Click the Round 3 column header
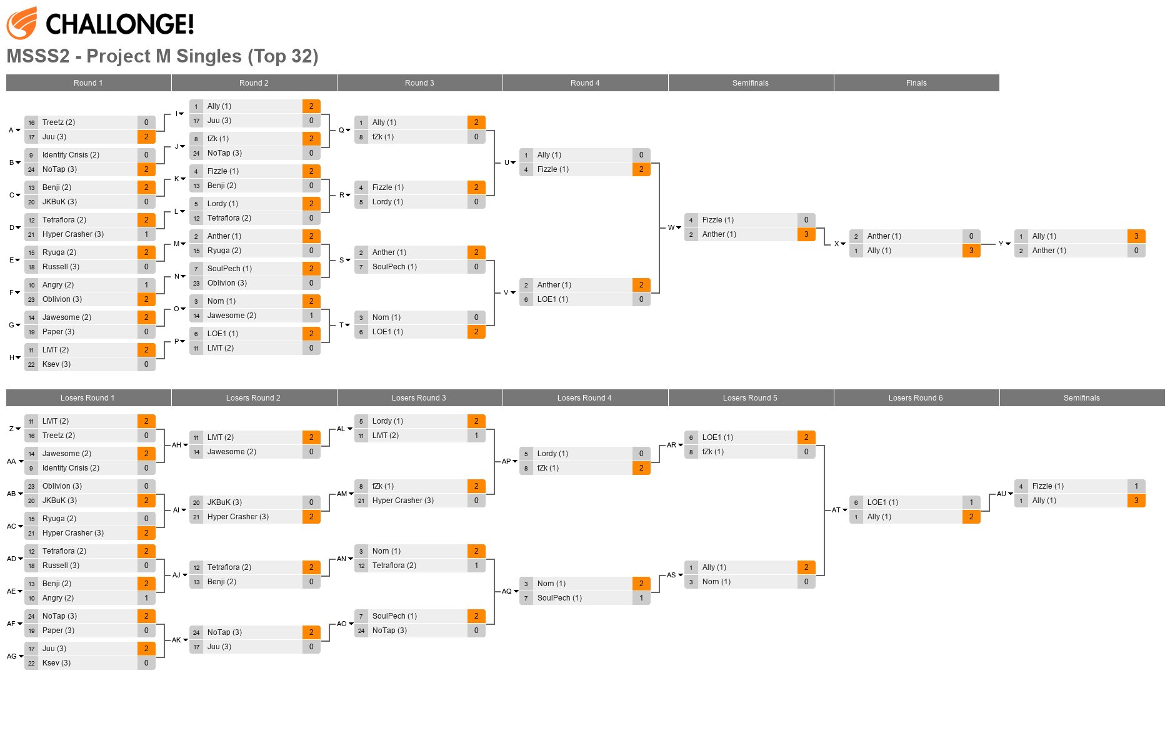point(419,83)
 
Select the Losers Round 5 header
point(750,398)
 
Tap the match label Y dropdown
point(1004,244)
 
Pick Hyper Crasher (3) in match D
point(73,234)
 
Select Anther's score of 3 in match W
point(806,234)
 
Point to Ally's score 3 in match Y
point(1136,236)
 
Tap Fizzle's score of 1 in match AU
point(1136,486)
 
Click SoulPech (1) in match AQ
point(559,598)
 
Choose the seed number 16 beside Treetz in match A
point(31,122)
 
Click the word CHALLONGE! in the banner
point(119,24)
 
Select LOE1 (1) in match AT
point(882,502)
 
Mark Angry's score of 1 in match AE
point(146,598)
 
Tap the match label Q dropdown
point(344,130)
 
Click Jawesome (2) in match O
point(232,316)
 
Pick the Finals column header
point(916,83)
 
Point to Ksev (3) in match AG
point(56,663)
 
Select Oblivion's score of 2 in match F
point(146,299)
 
